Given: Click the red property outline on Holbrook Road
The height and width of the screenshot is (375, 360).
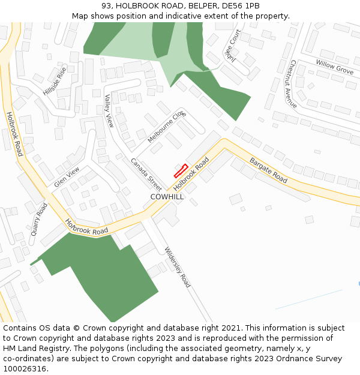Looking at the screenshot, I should coord(181,171).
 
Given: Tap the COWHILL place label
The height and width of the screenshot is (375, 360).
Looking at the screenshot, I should coord(167,197).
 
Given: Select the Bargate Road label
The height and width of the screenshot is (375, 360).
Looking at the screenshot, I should coord(269,170).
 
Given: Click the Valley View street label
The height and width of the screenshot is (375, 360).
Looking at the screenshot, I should coord(109,111).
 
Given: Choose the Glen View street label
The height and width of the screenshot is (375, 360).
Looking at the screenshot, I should coord(67,177).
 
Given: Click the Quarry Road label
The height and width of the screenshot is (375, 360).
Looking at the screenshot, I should coord(39,219).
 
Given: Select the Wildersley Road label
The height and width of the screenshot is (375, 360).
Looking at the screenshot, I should coord(178,267).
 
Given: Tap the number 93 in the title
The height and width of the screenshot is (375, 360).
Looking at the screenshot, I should coord(106,5).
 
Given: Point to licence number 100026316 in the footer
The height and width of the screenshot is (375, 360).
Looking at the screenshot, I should coord(24,368).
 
